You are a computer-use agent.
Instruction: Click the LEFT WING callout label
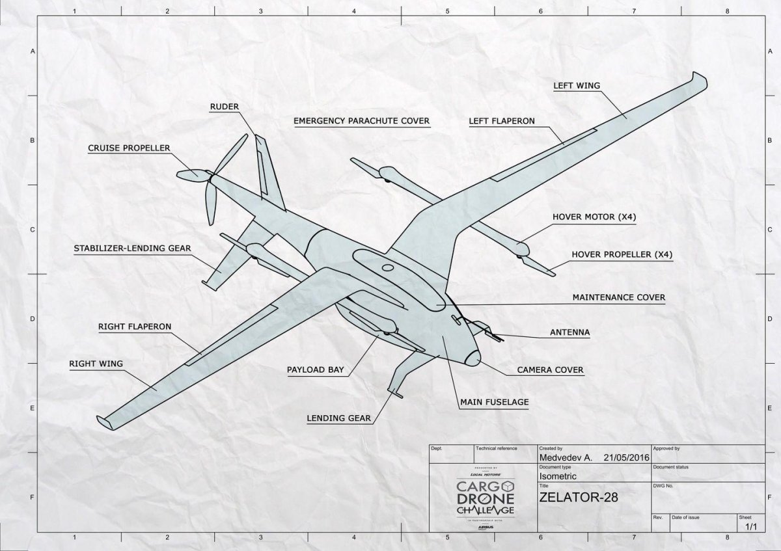577,85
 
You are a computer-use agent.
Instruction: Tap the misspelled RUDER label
225,107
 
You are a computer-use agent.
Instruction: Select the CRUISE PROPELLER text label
129,148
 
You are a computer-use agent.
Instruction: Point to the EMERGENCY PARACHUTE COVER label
361,121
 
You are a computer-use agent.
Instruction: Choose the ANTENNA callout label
569,332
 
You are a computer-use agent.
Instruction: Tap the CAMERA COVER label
550,370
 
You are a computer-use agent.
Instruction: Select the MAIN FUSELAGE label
494,402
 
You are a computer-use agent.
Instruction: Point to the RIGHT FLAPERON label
135,326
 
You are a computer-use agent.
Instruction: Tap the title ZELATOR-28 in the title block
577,498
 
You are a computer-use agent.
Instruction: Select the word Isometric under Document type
559,476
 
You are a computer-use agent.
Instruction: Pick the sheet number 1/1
751,528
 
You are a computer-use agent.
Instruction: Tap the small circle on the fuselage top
388,267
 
